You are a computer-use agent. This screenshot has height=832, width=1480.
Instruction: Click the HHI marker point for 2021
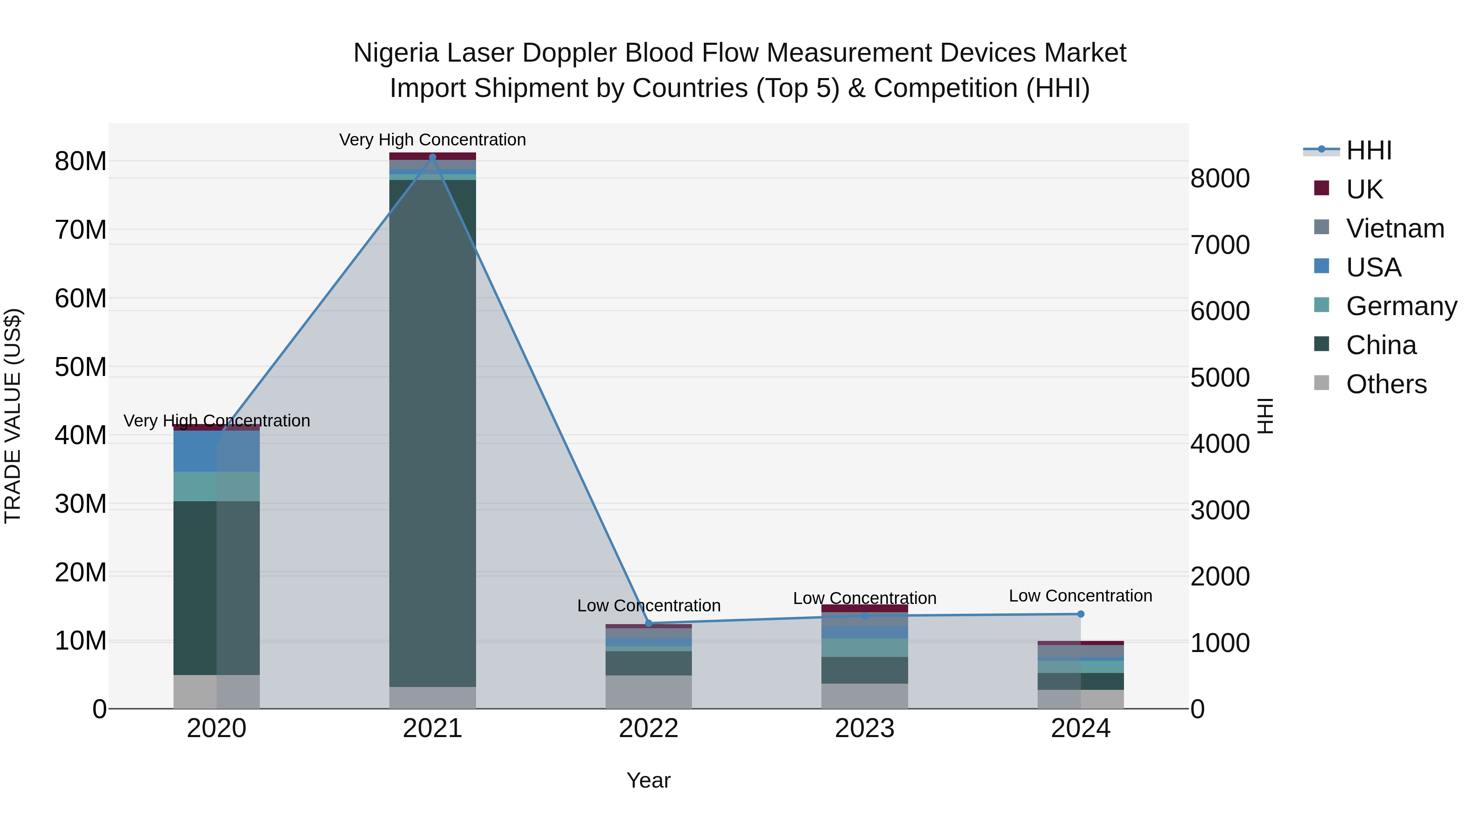pos(432,157)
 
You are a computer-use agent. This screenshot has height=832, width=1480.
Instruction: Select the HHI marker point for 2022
pos(649,623)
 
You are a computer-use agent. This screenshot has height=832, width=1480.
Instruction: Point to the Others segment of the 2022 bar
pos(649,691)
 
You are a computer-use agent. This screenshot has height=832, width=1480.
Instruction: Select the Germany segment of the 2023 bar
pos(864,647)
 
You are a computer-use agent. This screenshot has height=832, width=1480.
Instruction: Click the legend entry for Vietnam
pos(1395,228)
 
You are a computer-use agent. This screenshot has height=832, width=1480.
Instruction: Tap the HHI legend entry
pos(1369,150)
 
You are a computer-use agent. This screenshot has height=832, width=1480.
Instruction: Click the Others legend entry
pos(1386,384)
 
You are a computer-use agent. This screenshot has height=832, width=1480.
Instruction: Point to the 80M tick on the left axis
pos(81,161)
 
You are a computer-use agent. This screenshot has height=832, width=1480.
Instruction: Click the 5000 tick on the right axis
pos(1220,378)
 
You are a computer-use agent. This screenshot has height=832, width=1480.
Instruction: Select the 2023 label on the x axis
pos(864,728)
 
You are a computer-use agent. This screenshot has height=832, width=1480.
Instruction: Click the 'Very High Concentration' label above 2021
pos(432,140)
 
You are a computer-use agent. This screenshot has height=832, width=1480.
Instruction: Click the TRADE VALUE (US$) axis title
pos(13,416)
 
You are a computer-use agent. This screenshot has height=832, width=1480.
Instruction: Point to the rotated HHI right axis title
pos(1266,416)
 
